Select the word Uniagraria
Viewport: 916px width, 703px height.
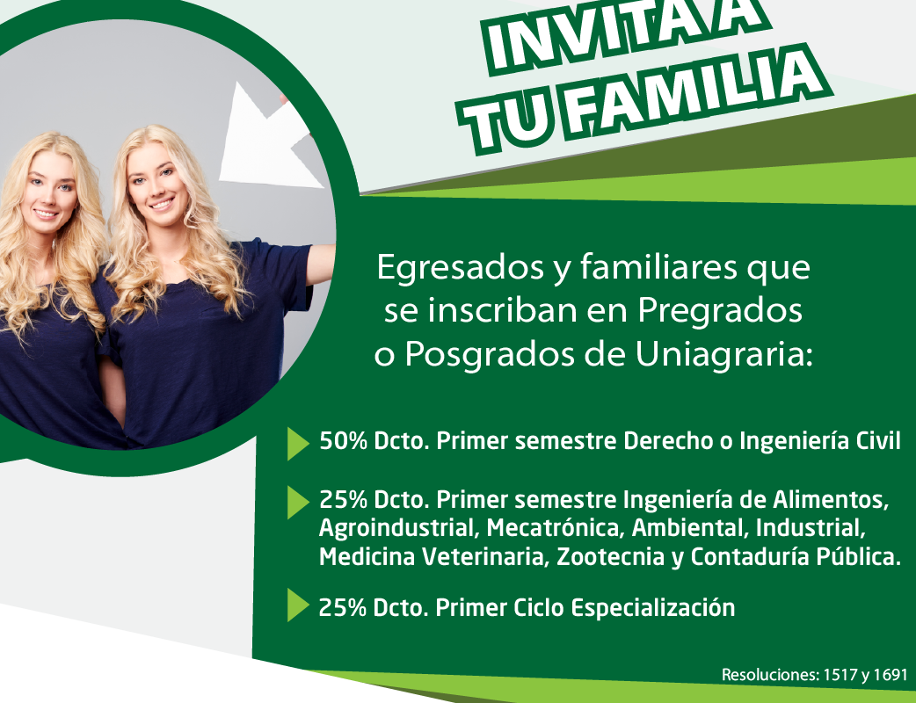723,354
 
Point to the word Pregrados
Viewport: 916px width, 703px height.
720,310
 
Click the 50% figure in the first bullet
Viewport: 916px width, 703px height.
344,441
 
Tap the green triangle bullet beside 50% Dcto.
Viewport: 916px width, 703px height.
298,444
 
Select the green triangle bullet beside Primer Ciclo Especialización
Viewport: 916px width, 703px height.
298,605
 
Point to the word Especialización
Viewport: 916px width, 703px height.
652,608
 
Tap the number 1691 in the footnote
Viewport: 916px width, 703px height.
891,675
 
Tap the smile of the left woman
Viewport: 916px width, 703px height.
45,214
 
